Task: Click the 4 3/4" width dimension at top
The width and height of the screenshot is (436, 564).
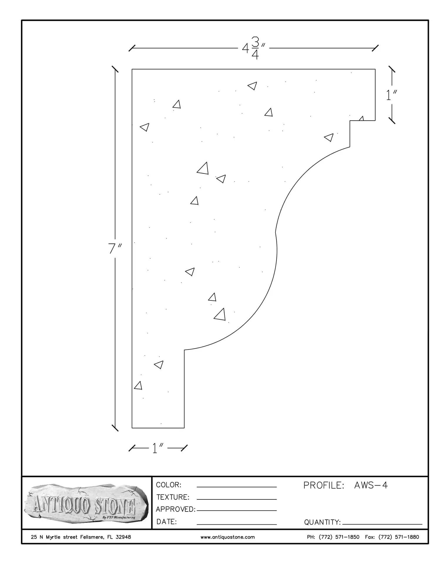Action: [x=254, y=48]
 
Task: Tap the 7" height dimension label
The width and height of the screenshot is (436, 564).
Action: [x=115, y=249]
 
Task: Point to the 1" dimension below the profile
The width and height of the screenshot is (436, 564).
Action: [x=158, y=448]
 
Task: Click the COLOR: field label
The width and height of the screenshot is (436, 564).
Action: [x=169, y=485]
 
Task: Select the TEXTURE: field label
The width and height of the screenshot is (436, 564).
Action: [x=173, y=497]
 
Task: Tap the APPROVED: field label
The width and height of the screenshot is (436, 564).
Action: [x=175, y=509]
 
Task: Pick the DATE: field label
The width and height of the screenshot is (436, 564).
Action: [x=167, y=522]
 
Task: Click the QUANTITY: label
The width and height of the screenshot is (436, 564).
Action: [x=322, y=522]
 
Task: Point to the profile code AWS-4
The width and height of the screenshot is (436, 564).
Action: [x=371, y=485]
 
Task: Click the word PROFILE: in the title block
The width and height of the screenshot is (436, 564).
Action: [x=323, y=485]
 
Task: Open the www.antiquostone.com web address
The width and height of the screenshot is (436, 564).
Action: [x=228, y=537]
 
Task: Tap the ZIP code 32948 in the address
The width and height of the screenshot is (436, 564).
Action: [x=123, y=537]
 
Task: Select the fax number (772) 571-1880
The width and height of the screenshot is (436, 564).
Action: [x=399, y=537]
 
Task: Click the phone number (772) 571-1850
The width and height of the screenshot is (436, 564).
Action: [x=339, y=537]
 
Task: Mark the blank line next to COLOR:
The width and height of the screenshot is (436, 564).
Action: [x=237, y=487]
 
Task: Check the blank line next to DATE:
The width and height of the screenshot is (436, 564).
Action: [x=237, y=524]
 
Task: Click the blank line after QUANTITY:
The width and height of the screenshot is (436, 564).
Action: [x=382, y=524]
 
